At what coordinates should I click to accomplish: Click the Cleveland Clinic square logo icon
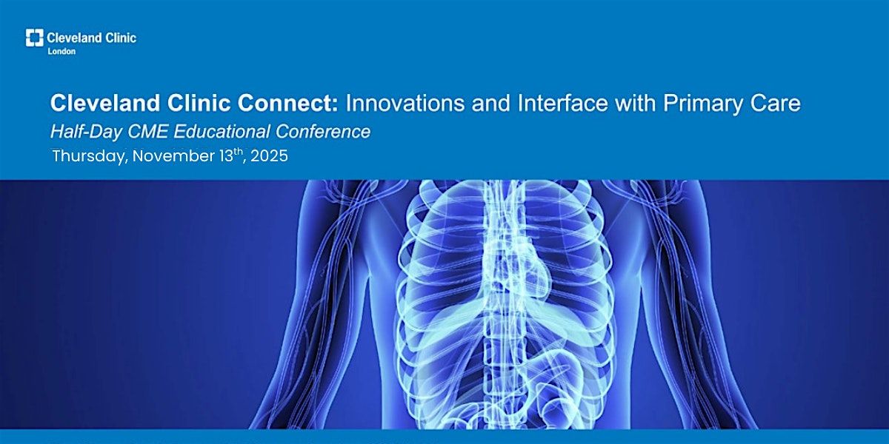35,38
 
